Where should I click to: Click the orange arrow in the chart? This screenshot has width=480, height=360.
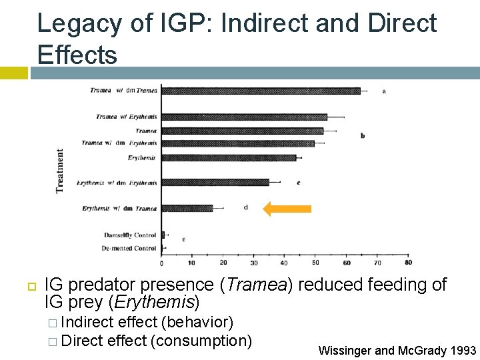[287, 209]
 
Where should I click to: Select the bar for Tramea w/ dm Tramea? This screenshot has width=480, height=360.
[261, 91]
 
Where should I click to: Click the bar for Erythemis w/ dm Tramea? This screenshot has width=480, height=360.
[187, 209]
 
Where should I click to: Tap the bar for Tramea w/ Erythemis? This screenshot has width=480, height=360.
[244, 117]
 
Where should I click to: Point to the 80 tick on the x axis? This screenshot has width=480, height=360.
[408, 261]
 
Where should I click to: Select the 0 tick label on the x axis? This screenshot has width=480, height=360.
[162, 261]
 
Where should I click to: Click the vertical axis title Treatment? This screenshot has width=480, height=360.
[60, 171]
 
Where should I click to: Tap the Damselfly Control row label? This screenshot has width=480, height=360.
[129, 235]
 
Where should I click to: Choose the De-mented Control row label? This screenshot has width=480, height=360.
[129, 248]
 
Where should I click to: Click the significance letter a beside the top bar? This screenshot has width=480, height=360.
[383, 91]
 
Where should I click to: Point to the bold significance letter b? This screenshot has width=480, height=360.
[363, 136]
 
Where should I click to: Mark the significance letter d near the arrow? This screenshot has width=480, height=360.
[245, 207]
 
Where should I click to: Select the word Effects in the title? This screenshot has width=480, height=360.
[77, 55]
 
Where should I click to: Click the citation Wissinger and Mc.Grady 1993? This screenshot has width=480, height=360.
[397, 350]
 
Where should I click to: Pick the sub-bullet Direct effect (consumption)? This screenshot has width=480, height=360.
[155, 341]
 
